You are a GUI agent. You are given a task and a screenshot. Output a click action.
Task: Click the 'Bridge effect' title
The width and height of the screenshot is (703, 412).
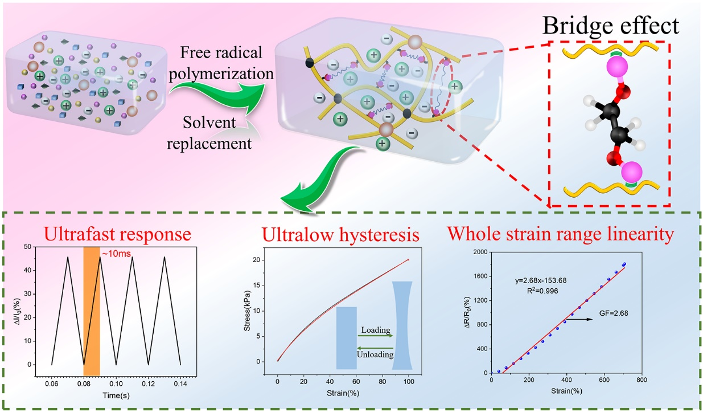coord(611,25)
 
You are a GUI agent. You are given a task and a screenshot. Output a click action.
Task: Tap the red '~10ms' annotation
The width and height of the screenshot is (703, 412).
coord(116,253)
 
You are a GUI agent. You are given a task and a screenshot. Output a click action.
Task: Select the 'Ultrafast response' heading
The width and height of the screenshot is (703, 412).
coord(118,234)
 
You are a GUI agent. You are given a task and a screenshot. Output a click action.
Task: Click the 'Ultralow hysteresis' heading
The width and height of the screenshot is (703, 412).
coord(340,235)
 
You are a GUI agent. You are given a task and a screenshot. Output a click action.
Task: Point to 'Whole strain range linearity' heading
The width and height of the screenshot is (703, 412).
coord(561,234)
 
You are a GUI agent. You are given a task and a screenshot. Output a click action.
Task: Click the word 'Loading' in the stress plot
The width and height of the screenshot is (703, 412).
coord(376,330)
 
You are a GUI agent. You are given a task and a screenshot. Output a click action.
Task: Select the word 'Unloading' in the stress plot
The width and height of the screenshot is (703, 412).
coord(375,354)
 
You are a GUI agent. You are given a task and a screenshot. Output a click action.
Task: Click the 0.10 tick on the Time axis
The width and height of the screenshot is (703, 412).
coord(116,384)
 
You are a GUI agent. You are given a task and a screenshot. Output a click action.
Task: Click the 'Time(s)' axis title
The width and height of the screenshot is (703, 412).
coord(116,395)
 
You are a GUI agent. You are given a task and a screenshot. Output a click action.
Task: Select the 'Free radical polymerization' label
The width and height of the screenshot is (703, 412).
coord(221,63)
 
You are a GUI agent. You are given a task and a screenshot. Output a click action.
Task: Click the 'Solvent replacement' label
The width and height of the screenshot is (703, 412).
coord(209,133)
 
